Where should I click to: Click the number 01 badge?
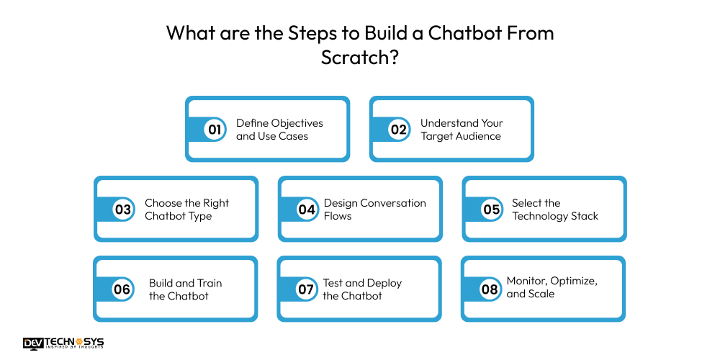click(x=214, y=130)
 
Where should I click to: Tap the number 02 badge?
click(x=398, y=130)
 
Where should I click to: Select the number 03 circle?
click(x=123, y=210)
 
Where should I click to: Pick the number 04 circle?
click(x=307, y=210)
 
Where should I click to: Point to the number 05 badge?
click(x=491, y=210)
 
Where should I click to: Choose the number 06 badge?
click(x=122, y=289)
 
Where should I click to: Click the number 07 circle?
click(x=306, y=289)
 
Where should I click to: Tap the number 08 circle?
click(x=490, y=289)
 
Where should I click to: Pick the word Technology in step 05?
click(x=541, y=216)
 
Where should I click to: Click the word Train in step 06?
click(x=208, y=283)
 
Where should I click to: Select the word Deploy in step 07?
click(x=384, y=283)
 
